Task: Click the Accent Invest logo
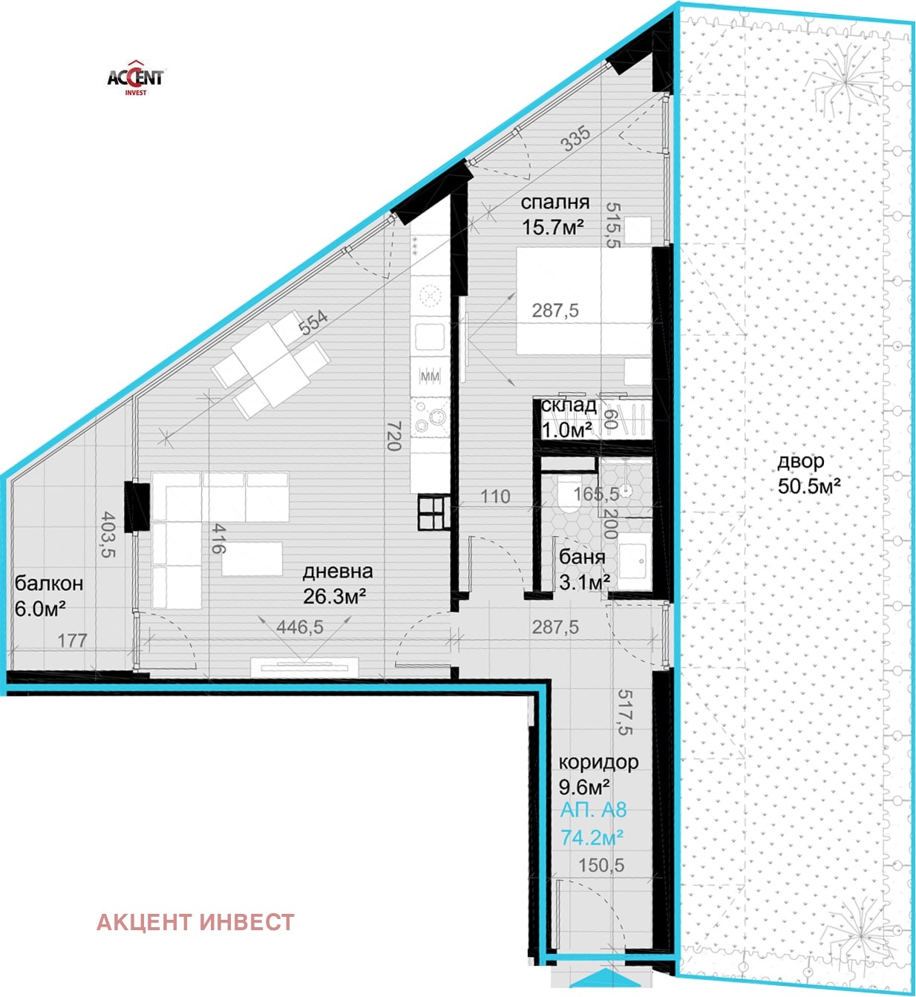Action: [135, 78]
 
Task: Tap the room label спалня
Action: [555, 202]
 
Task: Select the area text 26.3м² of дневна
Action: [335, 596]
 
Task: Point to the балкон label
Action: [49, 584]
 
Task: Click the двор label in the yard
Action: [800, 462]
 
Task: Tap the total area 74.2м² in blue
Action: [592, 837]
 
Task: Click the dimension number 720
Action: [394, 436]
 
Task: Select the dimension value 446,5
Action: [300, 627]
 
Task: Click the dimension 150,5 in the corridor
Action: [601, 866]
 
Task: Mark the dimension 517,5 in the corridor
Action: [625, 712]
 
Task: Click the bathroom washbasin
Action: [632, 560]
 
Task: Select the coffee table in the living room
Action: [252, 559]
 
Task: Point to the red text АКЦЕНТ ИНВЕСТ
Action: [195, 923]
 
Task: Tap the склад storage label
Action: [569, 405]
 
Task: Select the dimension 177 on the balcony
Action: [73, 641]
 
